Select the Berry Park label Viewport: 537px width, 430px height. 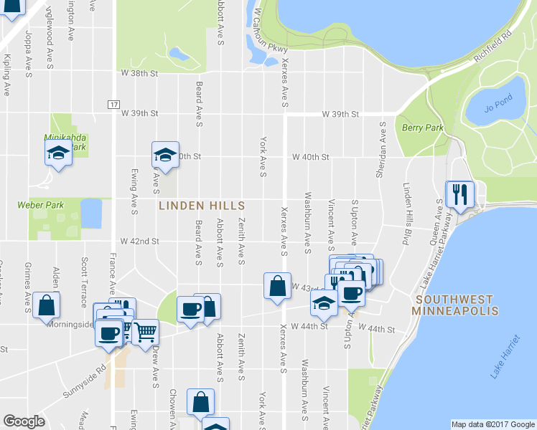[x=422, y=128]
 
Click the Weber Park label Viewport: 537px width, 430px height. [x=41, y=205]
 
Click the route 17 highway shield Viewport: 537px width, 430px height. [x=113, y=105]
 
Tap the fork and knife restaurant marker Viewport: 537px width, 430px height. [x=459, y=193]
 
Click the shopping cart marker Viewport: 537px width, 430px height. [x=145, y=331]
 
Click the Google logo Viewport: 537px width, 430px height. [x=24, y=421]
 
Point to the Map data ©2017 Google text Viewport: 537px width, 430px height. [x=492, y=424]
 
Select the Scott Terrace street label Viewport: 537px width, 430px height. [x=84, y=274]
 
